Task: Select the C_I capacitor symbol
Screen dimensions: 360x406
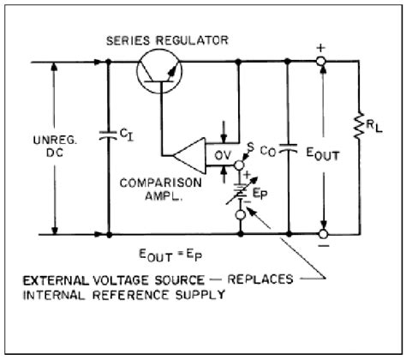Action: click(108, 134)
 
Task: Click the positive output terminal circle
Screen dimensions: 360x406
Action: click(322, 63)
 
